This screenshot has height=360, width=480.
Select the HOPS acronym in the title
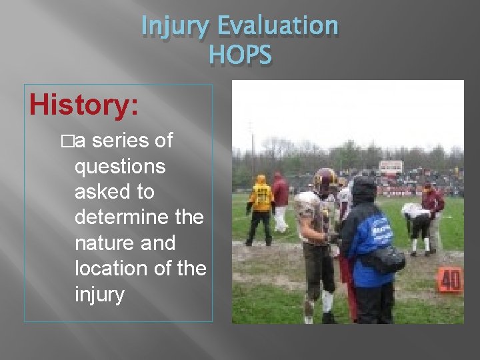[240, 55]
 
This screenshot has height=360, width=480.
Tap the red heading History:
[83, 105]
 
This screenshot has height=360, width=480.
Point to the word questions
[120, 166]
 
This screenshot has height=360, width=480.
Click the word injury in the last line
[99, 294]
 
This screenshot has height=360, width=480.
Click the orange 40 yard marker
[449, 281]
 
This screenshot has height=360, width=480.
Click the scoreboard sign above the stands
[391, 166]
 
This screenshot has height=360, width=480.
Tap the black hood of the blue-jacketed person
[364, 190]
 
